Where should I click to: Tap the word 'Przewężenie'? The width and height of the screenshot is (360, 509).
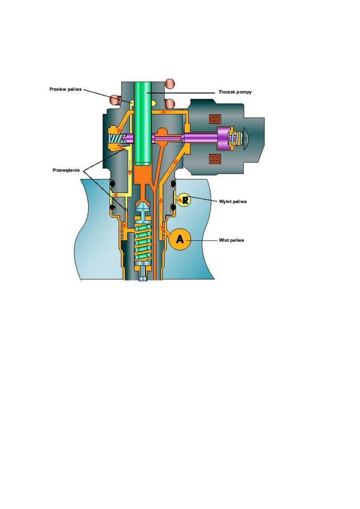click(66, 170)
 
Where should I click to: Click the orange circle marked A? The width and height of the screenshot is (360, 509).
click(180, 239)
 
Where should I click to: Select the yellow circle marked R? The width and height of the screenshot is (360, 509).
click(184, 200)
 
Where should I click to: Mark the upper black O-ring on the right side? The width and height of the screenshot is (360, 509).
click(173, 184)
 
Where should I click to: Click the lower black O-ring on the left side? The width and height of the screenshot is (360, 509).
click(113, 208)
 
